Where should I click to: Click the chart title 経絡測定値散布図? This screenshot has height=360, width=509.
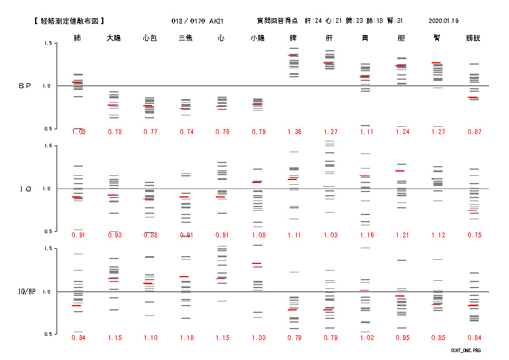coord(71,21)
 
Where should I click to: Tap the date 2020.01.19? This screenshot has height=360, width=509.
coord(443,21)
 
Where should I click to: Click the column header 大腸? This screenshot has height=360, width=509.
coord(114,38)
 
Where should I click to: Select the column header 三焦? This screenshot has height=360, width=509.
coord(186,38)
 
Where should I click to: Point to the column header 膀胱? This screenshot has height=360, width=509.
coord(473,38)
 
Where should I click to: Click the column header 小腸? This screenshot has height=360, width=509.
coord(258,38)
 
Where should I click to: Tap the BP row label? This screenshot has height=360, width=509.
coord(25,86)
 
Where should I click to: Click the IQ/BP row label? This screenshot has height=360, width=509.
coord(25,292)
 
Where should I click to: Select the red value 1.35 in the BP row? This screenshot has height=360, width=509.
coord(294,132)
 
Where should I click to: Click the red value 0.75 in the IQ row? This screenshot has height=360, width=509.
coord(474,235)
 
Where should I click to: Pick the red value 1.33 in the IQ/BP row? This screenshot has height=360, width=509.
coord(258,338)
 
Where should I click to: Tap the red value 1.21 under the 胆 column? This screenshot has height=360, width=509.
coord(402,235)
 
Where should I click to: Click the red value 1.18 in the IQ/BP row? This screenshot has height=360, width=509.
coord(186,338)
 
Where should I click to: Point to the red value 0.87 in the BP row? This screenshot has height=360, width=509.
coord(474,132)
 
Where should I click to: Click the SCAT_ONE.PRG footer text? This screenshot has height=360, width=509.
coord(465,350)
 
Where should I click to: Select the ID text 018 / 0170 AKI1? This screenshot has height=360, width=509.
coord(198,21)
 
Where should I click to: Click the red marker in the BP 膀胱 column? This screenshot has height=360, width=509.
coord(473,97)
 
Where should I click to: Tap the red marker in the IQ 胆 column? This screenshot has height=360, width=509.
coord(400,171)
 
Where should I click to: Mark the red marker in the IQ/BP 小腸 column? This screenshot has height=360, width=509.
coord(257,263)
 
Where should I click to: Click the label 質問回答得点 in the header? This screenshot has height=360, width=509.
coord(277,21)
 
